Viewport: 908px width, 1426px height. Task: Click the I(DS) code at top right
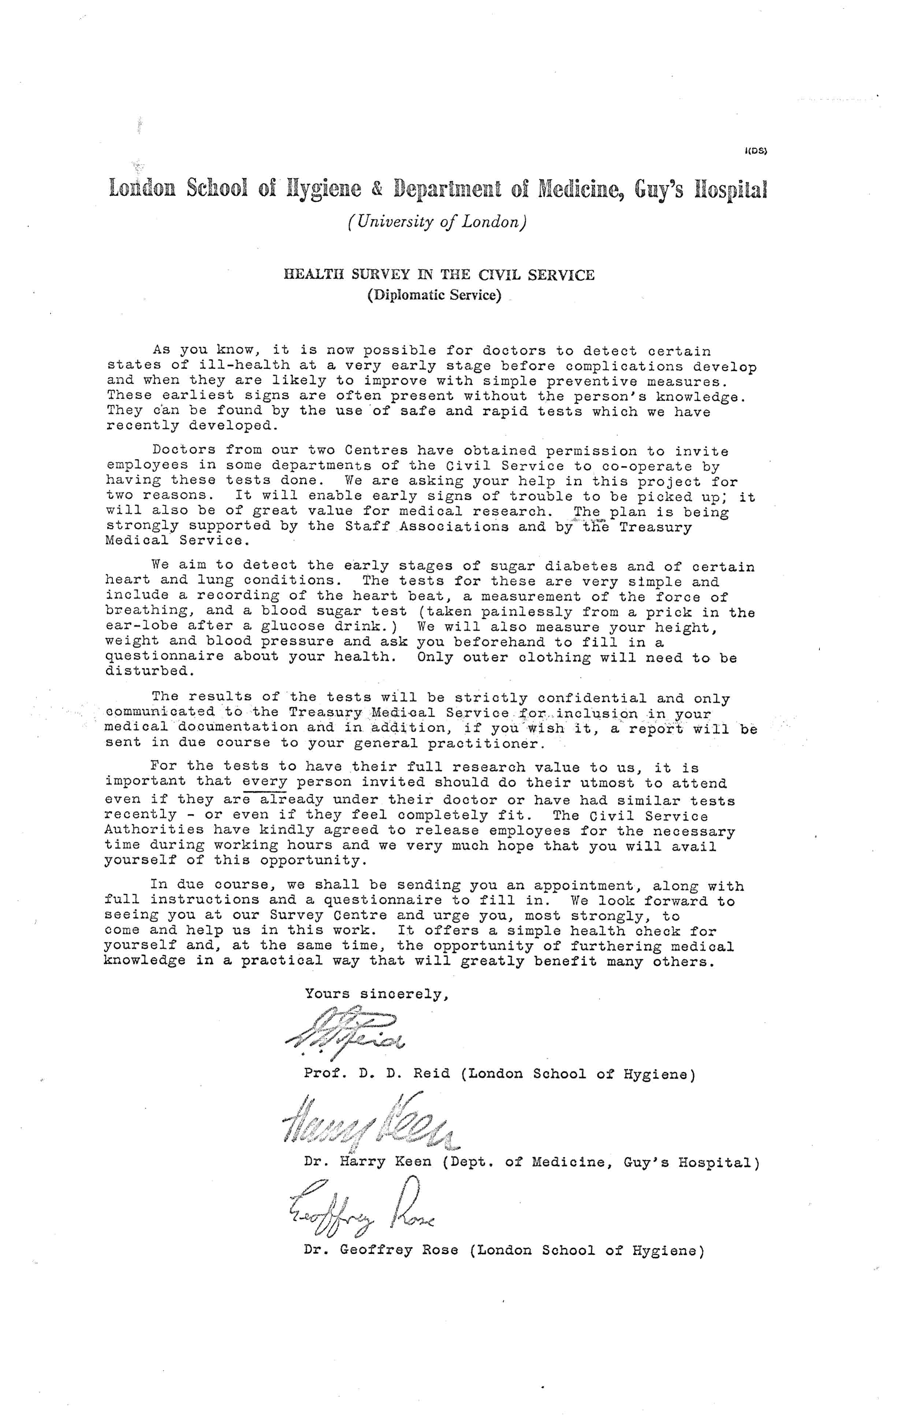pos(756,151)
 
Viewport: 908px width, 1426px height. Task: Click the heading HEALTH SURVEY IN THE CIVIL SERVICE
pos(439,275)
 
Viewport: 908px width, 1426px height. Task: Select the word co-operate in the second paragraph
pos(645,467)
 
